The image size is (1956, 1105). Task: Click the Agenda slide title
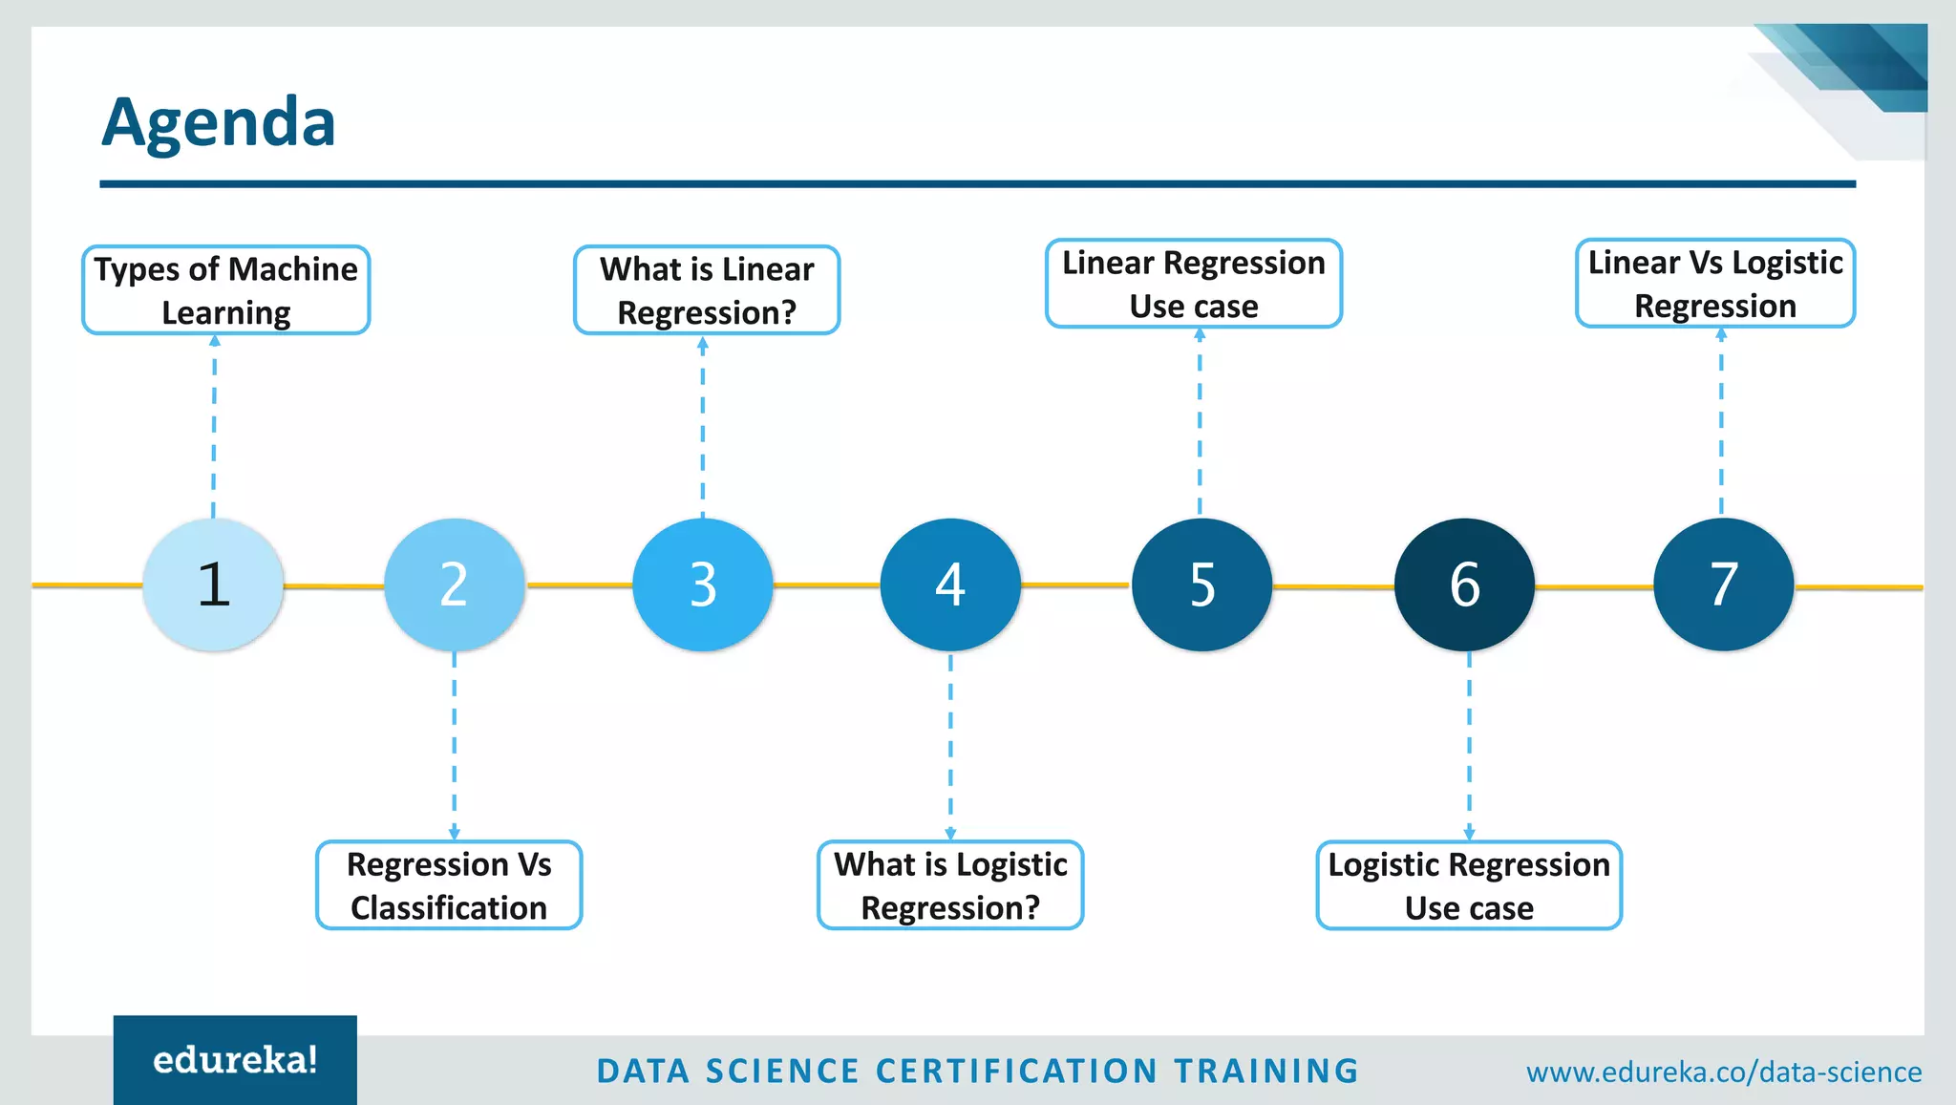(x=219, y=122)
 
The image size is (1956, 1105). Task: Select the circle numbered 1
(x=213, y=584)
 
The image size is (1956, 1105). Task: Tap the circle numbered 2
(x=455, y=584)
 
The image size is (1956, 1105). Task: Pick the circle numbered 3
(x=703, y=584)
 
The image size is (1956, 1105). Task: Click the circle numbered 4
(x=950, y=584)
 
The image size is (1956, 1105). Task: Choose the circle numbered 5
(x=1201, y=584)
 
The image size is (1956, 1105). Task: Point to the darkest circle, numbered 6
(x=1464, y=584)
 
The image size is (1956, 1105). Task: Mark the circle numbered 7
(x=1723, y=584)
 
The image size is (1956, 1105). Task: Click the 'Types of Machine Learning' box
(x=226, y=290)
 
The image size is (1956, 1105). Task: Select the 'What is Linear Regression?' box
(x=707, y=290)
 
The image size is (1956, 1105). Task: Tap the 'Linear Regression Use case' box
(x=1194, y=284)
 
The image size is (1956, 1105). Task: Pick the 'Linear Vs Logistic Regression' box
(x=1715, y=284)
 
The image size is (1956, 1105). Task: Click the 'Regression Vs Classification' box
(x=449, y=885)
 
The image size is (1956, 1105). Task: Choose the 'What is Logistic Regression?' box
(x=950, y=885)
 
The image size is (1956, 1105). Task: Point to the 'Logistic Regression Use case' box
(x=1469, y=885)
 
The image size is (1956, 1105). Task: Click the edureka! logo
(x=235, y=1060)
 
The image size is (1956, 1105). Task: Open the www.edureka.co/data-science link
(x=1724, y=1072)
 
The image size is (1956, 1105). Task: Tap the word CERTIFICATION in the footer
(x=1016, y=1072)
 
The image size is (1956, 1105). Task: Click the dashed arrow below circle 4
(x=950, y=745)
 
